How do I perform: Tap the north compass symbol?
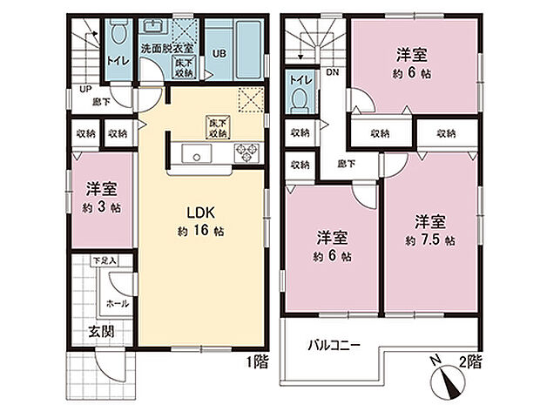pyautogui.click(x=448, y=380)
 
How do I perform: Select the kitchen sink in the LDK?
pyautogui.click(x=197, y=155)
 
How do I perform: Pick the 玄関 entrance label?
pyautogui.click(x=98, y=332)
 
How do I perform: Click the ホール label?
pyautogui.click(x=118, y=303)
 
